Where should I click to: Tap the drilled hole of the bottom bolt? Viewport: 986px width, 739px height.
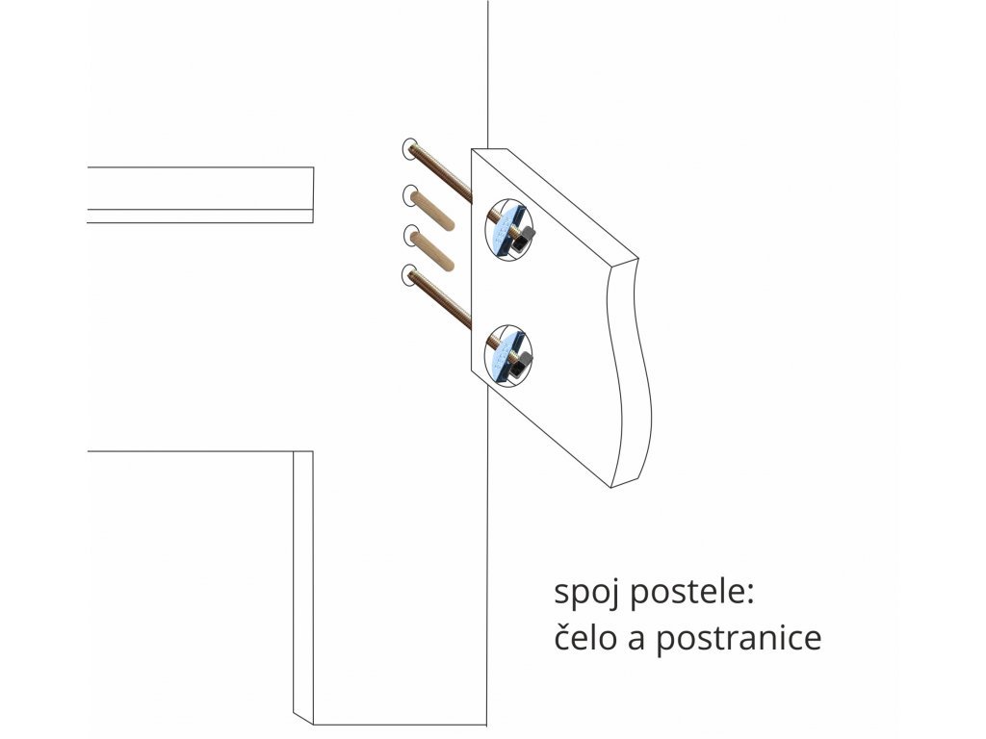[x=408, y=274]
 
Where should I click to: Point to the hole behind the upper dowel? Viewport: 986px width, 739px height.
[x=408, y=194]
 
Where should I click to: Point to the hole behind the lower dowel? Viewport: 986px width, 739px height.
[x=408, y=234]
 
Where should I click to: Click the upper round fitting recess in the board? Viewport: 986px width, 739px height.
[x=507, y=230]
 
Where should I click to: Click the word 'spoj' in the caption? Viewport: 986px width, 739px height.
[x=586, y=594]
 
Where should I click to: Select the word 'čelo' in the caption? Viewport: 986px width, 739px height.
[x=586, y=638]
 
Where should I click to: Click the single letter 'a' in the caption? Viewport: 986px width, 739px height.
[x=638, y=640]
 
